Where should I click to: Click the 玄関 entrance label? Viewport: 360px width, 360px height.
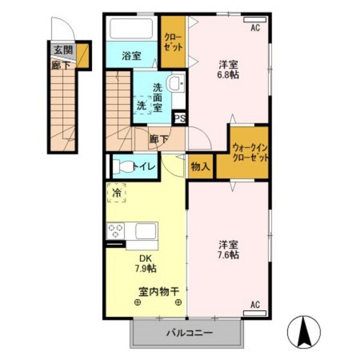coord(62,50)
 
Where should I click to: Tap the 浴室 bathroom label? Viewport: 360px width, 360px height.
coord(132,56)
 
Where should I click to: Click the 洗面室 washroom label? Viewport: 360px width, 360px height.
coord(161,95)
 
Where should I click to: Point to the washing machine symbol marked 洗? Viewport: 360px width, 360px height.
coord(141,105)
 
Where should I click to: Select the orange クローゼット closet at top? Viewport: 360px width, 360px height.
coord(172,42)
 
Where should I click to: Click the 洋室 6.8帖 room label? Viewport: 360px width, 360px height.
coord(228,69)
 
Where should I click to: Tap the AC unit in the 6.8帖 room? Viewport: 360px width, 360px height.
coord(255,28)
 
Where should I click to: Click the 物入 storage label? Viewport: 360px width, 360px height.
coord(200,166)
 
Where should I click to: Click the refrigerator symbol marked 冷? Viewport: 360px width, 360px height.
coord(117,192)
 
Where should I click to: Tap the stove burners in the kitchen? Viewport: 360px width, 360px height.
coord(116,231)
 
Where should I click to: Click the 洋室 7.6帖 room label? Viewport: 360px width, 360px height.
coord(228,249)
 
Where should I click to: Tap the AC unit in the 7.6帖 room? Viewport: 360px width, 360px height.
coord(255,304)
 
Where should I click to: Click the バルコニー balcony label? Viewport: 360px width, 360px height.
coord(190,334)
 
